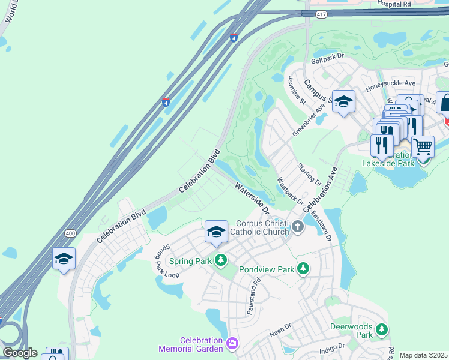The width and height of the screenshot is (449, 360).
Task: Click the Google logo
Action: tap(19, 353)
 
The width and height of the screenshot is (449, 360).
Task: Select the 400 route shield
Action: tap(71, 233)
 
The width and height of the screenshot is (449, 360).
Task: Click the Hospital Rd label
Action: tap(394, 4)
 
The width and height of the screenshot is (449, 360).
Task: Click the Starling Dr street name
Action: tap(306, 174)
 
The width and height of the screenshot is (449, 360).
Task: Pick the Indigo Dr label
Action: tap(332, 346)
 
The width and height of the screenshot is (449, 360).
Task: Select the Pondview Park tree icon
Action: tap(304, 269)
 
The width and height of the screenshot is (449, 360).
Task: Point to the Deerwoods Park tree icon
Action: tap(382, 329)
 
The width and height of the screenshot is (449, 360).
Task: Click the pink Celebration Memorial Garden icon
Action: tap(232, 344)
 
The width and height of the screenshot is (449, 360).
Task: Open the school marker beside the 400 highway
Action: tap(64, 259)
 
